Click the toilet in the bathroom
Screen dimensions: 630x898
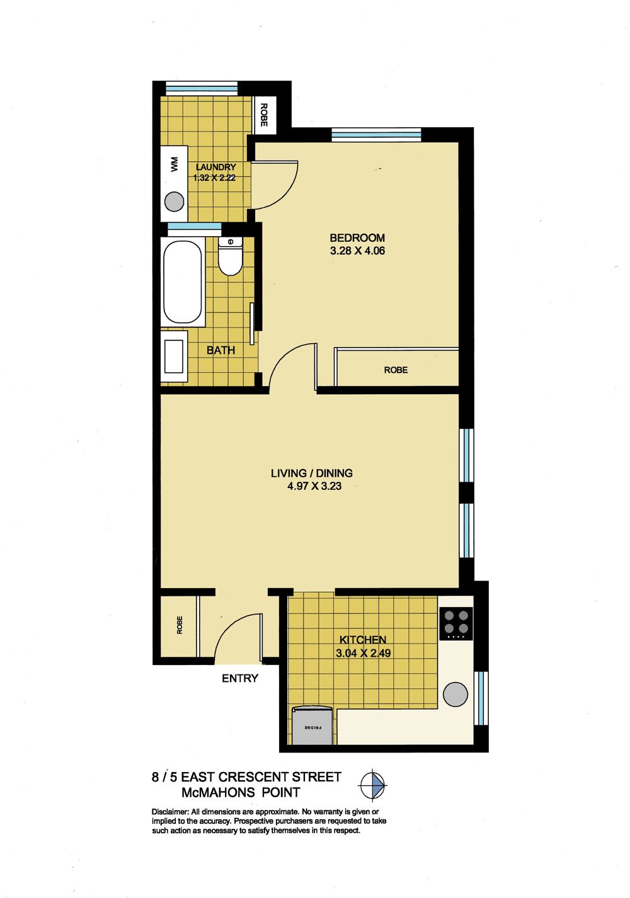tap(230, 256)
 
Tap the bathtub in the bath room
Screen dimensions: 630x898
tap(183, 282)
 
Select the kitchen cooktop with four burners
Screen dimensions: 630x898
tap(456, 623)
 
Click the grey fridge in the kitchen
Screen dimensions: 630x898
tap(312, 726)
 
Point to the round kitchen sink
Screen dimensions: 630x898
tap(455, 694)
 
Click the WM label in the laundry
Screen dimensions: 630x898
tap(174, 164)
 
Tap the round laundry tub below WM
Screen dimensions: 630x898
tap(175, 202)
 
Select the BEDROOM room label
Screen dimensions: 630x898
tap(357, 238)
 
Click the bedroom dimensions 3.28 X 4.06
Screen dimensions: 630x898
tap(357, 251)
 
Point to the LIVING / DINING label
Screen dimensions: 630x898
tap(312, 473)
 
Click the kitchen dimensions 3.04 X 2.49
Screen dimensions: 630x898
tap(363, 653)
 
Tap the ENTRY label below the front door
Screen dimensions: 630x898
tap(240, 678)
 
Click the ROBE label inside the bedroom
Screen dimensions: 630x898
tap(396, 370)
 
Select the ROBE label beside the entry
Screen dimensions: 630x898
tap(180, 625)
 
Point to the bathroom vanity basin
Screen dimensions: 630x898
tap(174, 356)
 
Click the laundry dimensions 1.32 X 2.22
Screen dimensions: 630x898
tap(214, 178)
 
